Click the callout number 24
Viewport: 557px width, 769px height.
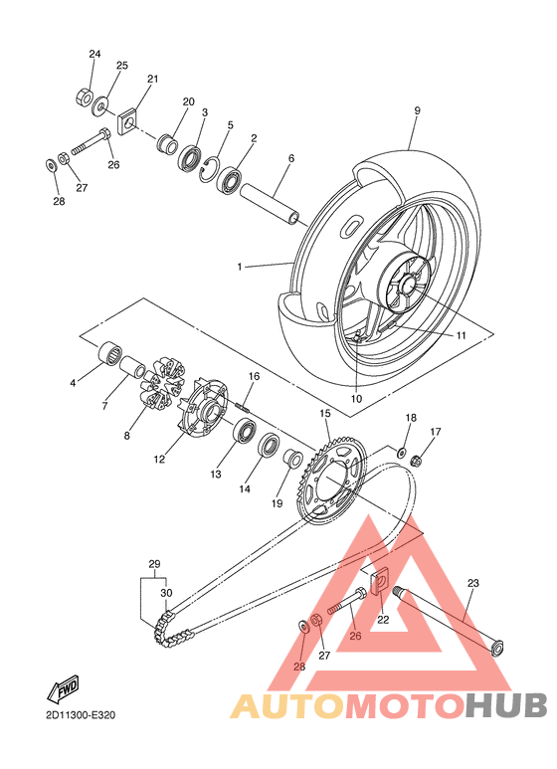pos(94,54)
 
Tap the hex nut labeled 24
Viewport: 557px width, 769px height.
pos(85,96)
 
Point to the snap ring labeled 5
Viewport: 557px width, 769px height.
pos(209,170)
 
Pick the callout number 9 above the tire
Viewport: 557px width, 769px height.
pos(417,110)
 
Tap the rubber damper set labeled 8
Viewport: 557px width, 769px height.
pos(158,384)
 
